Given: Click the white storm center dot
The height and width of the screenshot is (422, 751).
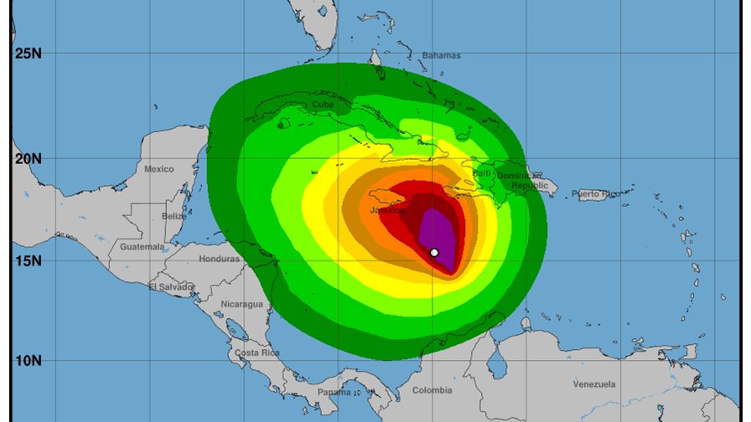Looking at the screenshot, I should pos(434,252).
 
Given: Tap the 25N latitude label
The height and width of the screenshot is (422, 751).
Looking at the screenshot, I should pos(27,54).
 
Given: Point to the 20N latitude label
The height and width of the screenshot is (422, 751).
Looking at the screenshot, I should pos(27,158).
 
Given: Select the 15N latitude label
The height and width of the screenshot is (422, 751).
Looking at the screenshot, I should pos(27,260).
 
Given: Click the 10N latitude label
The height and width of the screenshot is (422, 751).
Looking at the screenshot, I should pos(27,361).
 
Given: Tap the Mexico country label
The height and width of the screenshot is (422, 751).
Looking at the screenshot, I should pos(158,169).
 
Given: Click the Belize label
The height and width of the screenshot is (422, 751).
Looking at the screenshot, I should pos(174,216).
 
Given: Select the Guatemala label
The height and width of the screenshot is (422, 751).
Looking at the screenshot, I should pos(142,247).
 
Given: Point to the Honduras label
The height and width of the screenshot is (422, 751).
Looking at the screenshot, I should pos(219,259).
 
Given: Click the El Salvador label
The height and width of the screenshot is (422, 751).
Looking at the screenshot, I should pos(171,287).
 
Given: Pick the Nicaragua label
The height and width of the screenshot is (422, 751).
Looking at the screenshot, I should pos(242,304).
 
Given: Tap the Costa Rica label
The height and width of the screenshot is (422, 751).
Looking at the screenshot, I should pos(257,353).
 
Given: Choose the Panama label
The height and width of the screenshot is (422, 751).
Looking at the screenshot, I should pos(334,392).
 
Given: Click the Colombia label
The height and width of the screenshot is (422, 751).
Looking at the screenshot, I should pos(432,390).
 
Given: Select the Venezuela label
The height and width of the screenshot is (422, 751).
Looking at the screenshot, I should pos(594,384).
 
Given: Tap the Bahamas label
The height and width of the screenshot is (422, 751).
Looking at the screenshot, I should pos(441,55).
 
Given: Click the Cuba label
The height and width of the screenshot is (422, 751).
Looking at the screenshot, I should pos(323,105).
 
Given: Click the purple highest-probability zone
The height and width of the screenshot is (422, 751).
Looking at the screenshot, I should pos(443,234).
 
